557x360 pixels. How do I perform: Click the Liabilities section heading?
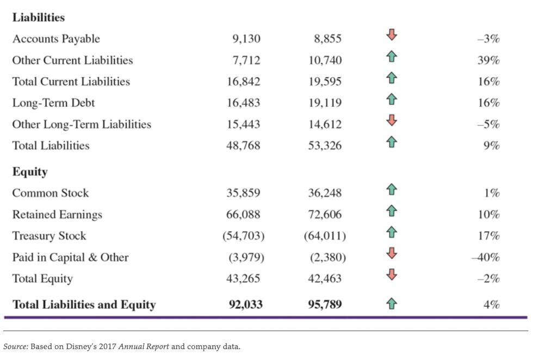tap(39, 17)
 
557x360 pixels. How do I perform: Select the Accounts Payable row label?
tap(56, 39)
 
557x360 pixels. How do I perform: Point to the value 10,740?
tap(325, 60)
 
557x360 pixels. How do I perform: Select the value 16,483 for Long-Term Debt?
tap(243, 103)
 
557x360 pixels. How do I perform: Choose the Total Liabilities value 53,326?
tap(325, 145)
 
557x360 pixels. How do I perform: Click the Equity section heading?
tap(30, 172)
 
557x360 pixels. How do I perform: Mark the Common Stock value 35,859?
tap(243, 193)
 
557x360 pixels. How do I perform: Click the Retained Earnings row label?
tap(57, 214)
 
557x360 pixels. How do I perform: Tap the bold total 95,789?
tap(325, 305)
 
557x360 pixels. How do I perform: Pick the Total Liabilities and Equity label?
tap(84, 305)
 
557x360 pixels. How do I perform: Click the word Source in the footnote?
tap(15, 346)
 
